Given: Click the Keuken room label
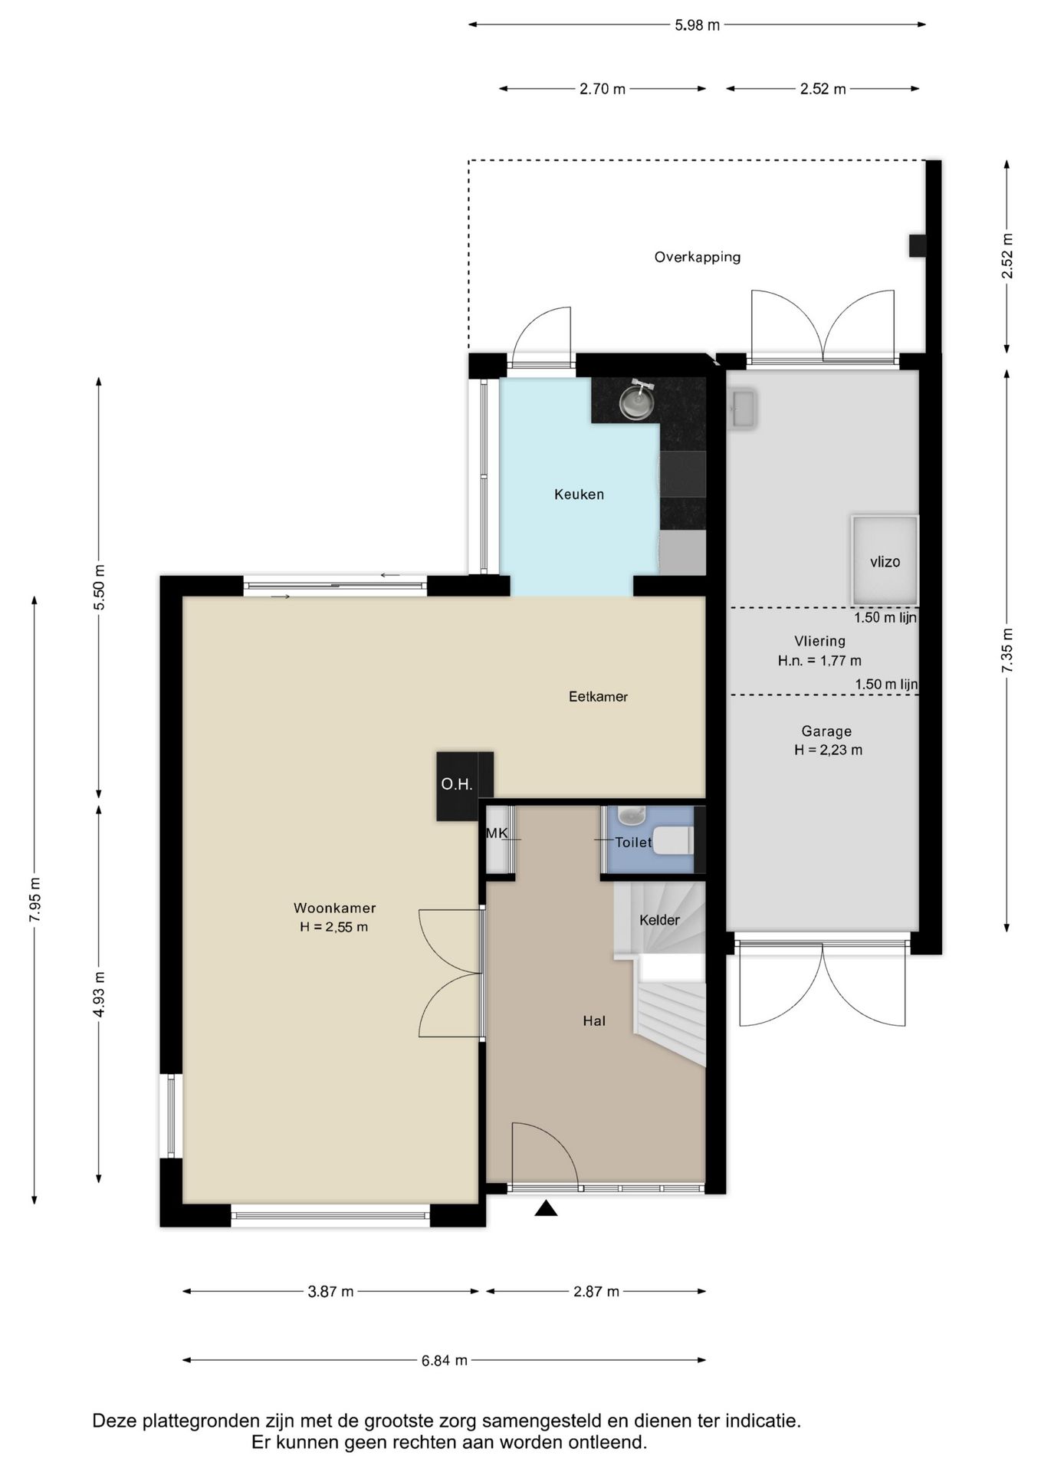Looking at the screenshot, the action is (579, 495).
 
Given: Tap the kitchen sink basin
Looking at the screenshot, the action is (636, 402).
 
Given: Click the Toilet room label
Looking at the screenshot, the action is (633, 842).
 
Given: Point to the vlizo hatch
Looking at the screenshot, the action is (885, 560).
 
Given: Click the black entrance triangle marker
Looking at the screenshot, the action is (546, 1208).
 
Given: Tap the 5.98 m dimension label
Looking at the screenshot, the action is (697, 25).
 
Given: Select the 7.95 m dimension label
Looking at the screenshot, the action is (34, 900).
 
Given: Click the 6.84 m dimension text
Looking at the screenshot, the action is (444, 1360).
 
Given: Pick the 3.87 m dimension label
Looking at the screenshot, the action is (330, 1291).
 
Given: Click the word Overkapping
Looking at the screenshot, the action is (697, 257).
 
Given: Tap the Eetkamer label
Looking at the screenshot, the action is (598, 696).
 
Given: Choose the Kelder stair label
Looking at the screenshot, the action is (659, 919).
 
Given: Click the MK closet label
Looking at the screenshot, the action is (497, 833).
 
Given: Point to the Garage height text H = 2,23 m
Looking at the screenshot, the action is (828, 750).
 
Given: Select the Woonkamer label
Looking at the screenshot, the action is (334, 908).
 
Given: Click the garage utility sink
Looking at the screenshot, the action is (742, 408).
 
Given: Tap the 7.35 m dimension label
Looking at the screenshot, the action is (1007, 650).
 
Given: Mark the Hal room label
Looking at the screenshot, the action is (594, 1020).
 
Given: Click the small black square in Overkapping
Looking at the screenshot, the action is (918, 246).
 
